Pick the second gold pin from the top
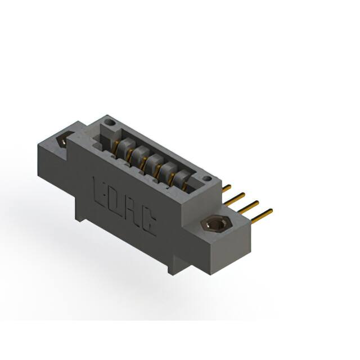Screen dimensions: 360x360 click(237, 196)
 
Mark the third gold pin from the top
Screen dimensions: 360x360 click(250, 204)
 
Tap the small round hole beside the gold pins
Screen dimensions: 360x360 click(208, 179)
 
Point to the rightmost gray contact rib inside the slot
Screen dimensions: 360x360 click(181, 178)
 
